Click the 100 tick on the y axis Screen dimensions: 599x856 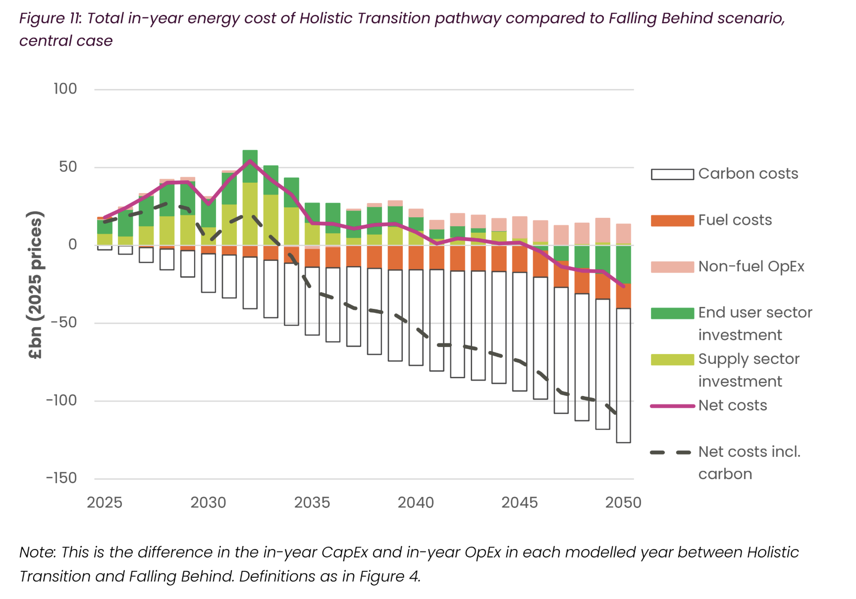click(x=65, y=89)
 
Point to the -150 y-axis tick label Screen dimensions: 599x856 click(x=61, y=478)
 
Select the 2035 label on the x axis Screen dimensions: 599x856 click(x=312, y=503)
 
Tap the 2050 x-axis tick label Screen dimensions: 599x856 click(x=623, y=503)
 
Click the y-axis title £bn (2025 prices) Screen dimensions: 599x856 click(x=36, y=285)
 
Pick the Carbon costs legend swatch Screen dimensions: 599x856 click(x=672, y=174)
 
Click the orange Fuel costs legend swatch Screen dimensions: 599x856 click(x=672, y=221)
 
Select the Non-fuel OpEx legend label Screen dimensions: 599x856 click(x=751, y=267)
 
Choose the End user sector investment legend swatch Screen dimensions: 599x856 click(x=672, y=313)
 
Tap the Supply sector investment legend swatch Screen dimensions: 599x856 click(x=672, y=360)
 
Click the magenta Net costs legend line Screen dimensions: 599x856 click(x=672, y=406)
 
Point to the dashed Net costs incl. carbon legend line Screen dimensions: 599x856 click(x=672, y=452)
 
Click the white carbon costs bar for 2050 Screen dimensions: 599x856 click(x=623, y=376)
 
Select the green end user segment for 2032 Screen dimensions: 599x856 click(x=250, y=166)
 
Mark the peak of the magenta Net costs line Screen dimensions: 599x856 click(x=250, y=160)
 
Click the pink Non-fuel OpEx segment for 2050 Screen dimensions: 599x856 click(x=623, y=234)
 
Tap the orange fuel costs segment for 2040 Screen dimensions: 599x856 click(x=416, y=257)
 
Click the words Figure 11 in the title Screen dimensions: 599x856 click(x=50, y=18)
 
